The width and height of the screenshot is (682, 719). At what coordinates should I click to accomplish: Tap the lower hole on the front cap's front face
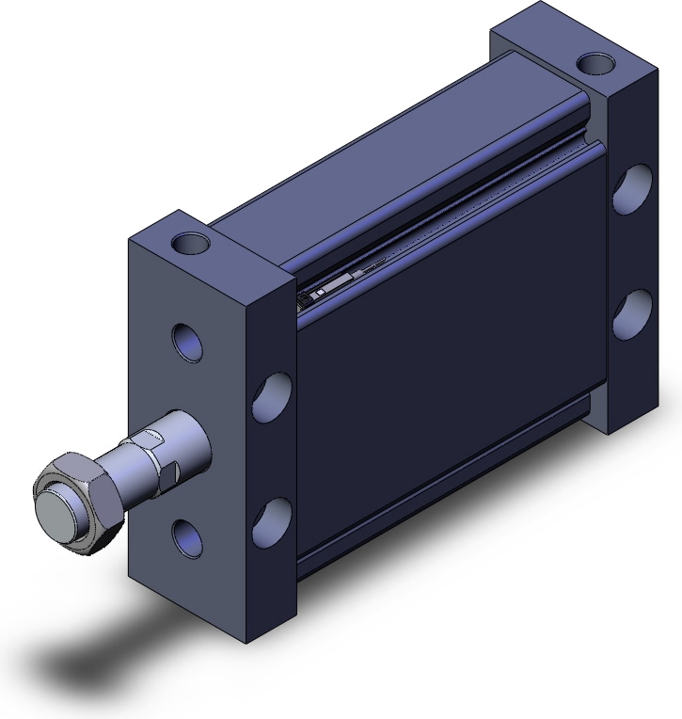click(186, 535)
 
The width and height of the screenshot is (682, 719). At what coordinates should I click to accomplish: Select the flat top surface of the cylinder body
click(376, 160)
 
